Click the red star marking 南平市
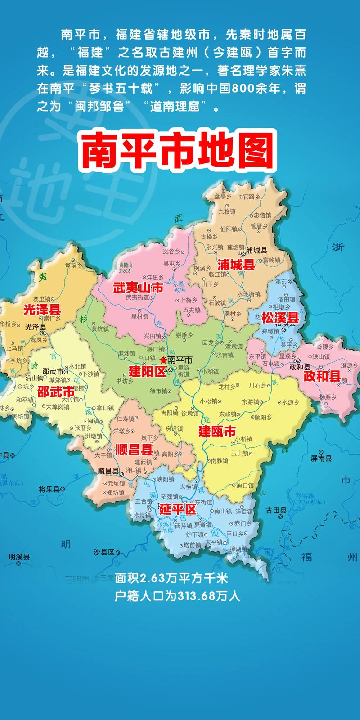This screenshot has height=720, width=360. click(x=163, y=360)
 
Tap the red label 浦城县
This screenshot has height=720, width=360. click(x=236, y=264)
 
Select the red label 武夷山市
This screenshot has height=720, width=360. click(x=138, y=288)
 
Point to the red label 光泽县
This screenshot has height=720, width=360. click(x=42, y=310)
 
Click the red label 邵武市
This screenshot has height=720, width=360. click(x=55, y=391)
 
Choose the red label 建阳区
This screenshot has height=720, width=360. click(x=148, y=371)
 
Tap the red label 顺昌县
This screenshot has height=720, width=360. click(x=134, y=449)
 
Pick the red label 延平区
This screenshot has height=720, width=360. click(x=178, y=510)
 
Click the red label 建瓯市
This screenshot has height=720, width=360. click(x=217, y=431)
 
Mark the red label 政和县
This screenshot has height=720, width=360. click(x=322, y=376)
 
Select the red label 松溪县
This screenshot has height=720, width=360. click(x=280, y=317)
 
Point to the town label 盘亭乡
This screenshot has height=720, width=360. click(x=223, y=196)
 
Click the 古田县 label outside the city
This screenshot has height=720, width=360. click(x=276, y=510)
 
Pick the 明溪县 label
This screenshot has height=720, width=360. click(x=19, y=557)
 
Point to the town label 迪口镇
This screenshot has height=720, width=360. click(x=245, y=486)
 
